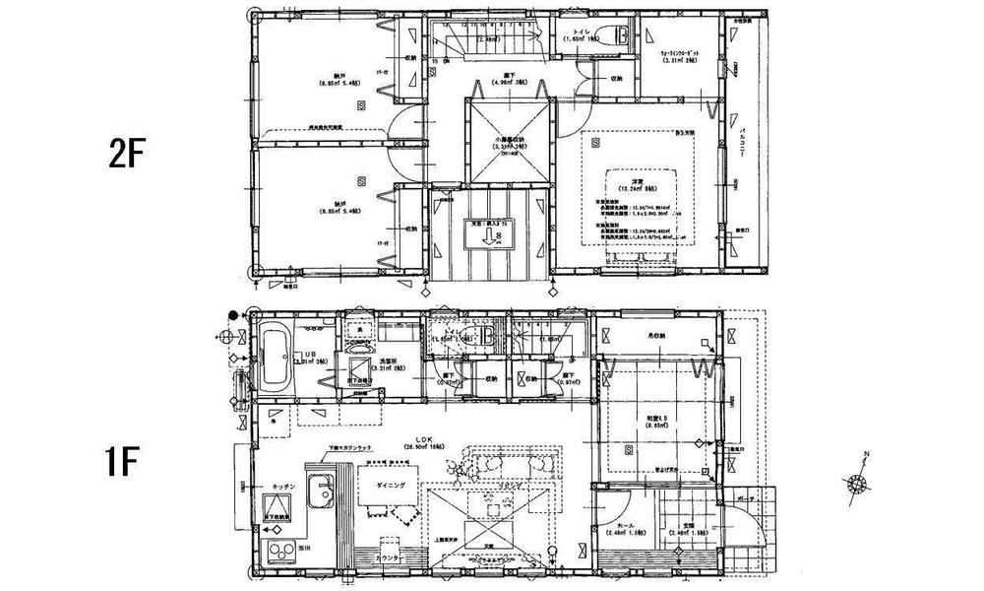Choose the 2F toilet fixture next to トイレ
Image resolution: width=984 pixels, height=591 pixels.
623,36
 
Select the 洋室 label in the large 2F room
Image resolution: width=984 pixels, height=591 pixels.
638,182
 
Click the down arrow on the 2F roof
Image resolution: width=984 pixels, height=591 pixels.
477,239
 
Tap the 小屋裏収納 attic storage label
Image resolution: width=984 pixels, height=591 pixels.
509,143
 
